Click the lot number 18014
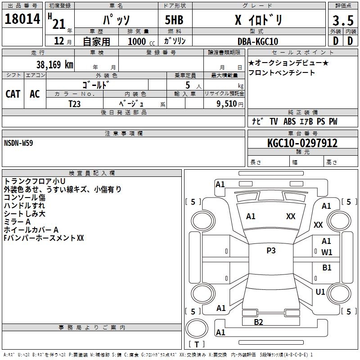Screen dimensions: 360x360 (22, 20)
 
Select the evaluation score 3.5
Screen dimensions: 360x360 (342, 21)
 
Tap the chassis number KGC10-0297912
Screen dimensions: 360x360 (302, 143)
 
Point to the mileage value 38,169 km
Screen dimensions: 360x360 (54, 64)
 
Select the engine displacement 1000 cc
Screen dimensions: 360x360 (140, 41)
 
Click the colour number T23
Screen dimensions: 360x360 (75, 103)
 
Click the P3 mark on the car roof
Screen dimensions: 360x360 (271, 251)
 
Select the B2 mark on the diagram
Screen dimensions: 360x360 (259, 322)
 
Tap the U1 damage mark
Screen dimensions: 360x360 (320, 292)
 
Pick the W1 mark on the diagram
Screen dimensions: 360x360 (327, 252)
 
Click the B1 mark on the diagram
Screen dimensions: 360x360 (327, 268)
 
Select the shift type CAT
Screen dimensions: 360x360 (13, 94)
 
